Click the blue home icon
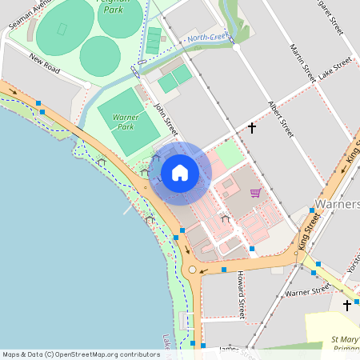click(180, 172)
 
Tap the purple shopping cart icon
click(255, 192)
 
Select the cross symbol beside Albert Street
click(252, 127)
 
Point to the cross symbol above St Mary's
click(347, 305)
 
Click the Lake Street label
click(334, 68)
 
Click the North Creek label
click(206, 38)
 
